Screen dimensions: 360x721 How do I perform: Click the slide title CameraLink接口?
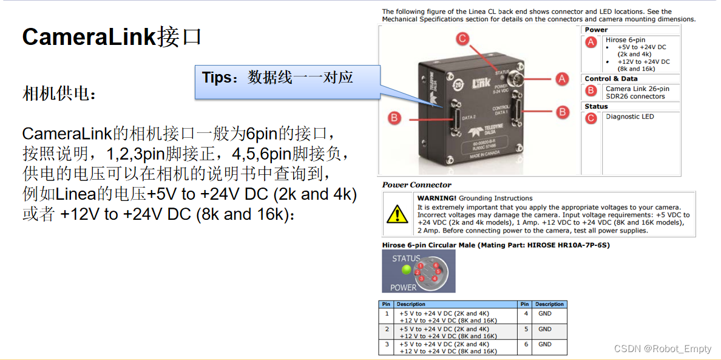(x=112, y=38)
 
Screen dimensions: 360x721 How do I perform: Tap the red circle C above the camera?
(x=463, y=39)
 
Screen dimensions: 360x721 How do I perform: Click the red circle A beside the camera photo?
(x=562, y=79)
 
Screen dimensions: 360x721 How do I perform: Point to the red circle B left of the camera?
(x=395, y=118)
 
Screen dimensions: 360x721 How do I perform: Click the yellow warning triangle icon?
(x=398, y=214)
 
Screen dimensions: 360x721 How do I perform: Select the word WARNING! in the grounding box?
(x=436, y=199)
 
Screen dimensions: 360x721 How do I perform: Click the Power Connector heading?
(x=417, y=185)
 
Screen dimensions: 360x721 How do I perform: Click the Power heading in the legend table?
(x=596, y=30)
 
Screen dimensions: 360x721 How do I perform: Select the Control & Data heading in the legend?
(x=611, y=78)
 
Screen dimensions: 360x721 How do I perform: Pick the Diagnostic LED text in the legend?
(x=629, y=117)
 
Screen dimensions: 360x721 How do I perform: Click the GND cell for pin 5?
(x=545, y=329)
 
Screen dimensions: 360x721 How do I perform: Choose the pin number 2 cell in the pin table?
(x=387, y=329)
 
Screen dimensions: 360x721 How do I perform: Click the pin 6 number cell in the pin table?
(x=525, y=344)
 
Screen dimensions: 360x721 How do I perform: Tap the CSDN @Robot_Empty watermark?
(x=662, y=348)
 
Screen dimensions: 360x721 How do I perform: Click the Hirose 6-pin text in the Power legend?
(x=625, y=40)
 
